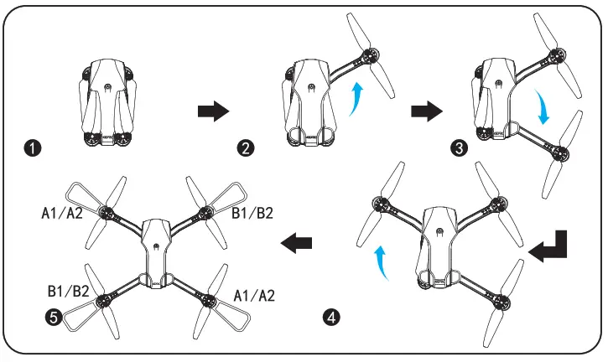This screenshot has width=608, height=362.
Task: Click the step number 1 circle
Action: [x=33, y=149]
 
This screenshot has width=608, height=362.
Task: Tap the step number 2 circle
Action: [x=246, y=149]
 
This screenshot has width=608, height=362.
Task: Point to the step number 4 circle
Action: [x=332, y=317]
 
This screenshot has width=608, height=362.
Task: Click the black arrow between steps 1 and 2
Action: [x=212, y=111]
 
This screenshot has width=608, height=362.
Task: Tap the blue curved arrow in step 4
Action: [x=382, y=261]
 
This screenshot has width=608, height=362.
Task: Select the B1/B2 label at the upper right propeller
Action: [x=252, y=213]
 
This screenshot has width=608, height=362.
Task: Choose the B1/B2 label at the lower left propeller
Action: [x=68, y=292]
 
